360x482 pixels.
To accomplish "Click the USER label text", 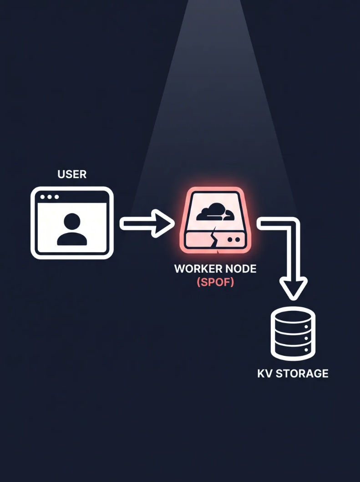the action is click(72, 174).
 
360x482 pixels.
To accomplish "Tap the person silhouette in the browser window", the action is click(72, 229).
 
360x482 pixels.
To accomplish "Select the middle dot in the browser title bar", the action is click(50, 197).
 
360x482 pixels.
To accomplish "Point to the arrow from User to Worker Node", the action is click(147, 223).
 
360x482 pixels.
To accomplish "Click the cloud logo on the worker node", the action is click(215, 212).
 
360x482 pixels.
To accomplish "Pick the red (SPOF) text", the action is click(215, 282).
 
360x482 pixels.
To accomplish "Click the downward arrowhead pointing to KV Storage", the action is click(293, 288).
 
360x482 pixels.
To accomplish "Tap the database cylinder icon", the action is click(293, 334).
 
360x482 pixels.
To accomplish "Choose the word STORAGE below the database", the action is click(302, 374).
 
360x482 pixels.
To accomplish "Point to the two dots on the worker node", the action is click(233, 239).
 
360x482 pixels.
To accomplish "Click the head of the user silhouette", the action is click(72, 221).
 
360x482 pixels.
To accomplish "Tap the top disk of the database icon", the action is click(293, 316).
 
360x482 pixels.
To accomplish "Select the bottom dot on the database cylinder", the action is click(306, 350).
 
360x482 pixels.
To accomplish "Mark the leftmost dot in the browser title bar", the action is click(43, 197).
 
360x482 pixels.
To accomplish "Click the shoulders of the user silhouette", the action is click(72, 239).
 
